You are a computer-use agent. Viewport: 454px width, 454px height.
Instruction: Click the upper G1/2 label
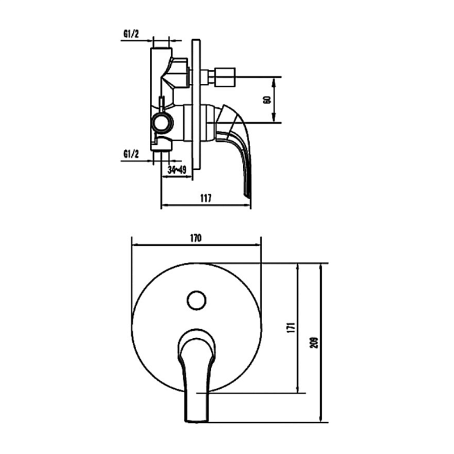point(131,33)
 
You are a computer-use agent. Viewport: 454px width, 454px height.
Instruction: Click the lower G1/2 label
point(131,153)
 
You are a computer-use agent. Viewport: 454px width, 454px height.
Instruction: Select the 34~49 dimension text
point(177,169)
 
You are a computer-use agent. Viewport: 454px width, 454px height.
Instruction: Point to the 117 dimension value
point(205,198)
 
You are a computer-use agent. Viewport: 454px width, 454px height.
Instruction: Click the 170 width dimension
point(196,238)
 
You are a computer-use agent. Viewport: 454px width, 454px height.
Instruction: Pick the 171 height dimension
point(289,327)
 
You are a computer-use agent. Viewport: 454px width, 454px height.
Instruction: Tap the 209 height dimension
point(314,342)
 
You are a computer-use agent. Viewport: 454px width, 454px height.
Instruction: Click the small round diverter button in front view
point(196,300)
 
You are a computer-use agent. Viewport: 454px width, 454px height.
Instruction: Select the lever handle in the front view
point(197,369)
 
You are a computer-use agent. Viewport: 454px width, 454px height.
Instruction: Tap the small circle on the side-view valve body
point(161,121)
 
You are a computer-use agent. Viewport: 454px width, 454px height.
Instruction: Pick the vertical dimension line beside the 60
point(275,99)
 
